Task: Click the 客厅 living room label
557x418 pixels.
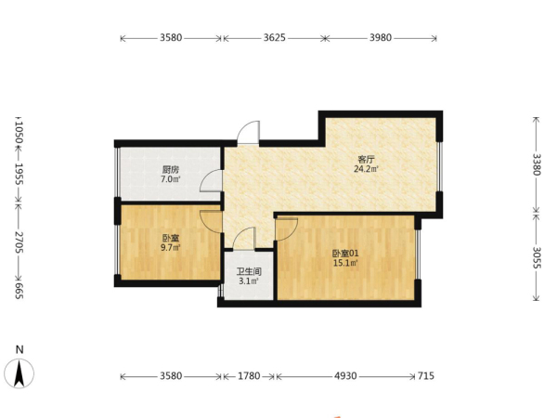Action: coord(366,159)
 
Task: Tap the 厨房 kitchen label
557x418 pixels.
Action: coord(171,170)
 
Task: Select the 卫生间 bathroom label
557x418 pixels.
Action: coord(249,272)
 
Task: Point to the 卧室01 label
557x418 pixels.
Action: coord(345,254)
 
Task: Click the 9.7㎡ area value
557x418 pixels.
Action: coord(171,247)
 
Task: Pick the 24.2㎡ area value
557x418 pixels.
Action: coord(366,169)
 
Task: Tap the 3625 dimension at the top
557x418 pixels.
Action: coord(274,38)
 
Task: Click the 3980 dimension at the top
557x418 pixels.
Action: coord(381,38)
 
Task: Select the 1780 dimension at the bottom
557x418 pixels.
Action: coord(249,375)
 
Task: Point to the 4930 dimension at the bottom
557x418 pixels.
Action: coord(345,375)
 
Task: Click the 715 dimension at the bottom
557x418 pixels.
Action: coord(425,375)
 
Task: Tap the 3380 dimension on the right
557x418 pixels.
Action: coord(537,164)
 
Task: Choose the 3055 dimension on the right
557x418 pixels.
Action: coord(537,257)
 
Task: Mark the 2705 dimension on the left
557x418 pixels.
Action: coord(19,242)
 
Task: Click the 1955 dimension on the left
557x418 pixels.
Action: coord(19,175)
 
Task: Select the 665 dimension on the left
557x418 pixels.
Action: coord(19,291)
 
